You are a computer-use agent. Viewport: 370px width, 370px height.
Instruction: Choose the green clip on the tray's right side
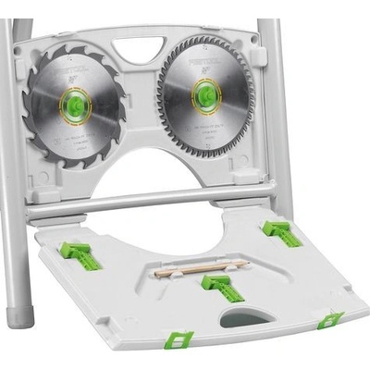(281, 233)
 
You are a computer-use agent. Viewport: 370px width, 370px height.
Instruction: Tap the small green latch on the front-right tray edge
(329, 320)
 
